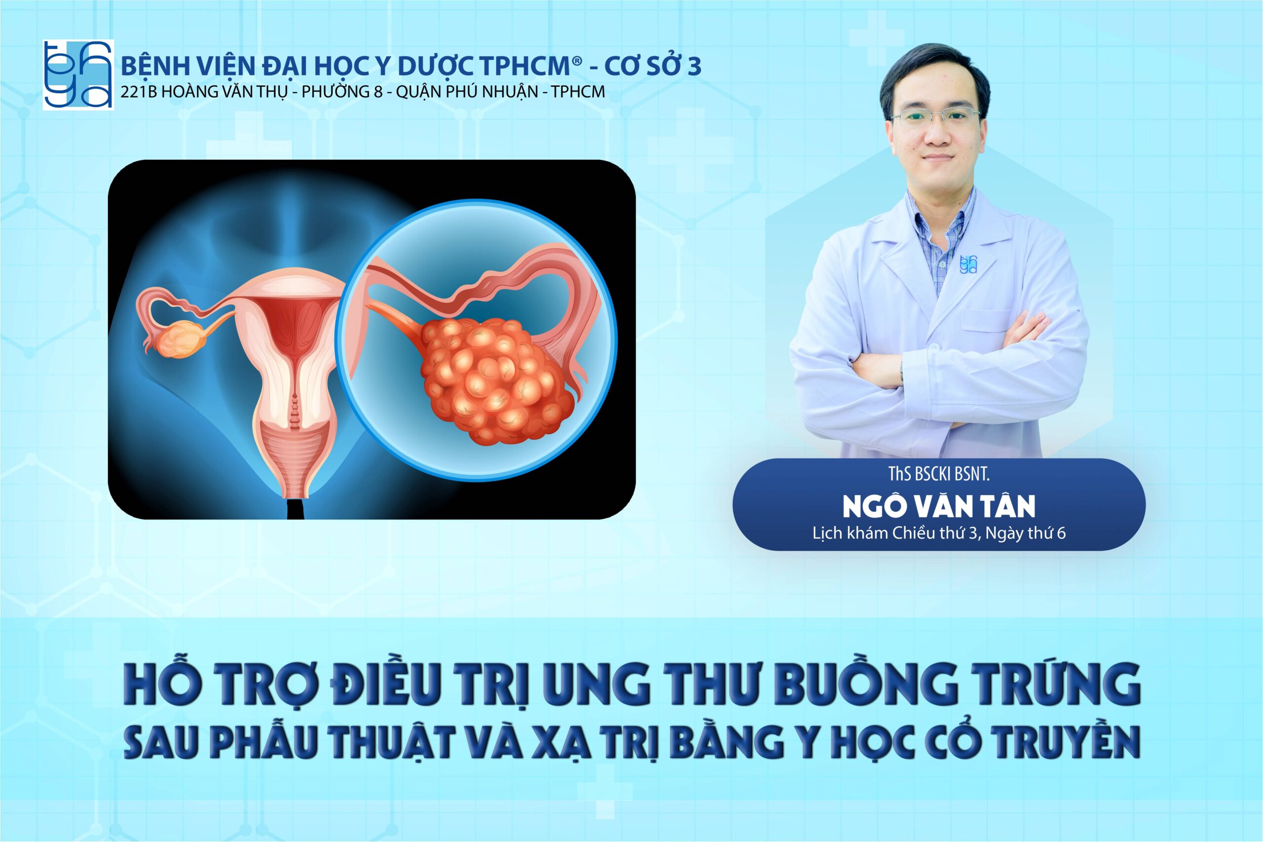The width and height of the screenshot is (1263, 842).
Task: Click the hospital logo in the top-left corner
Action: (x=78, y=74)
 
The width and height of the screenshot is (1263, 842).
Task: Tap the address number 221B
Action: (x=140, y=92)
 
